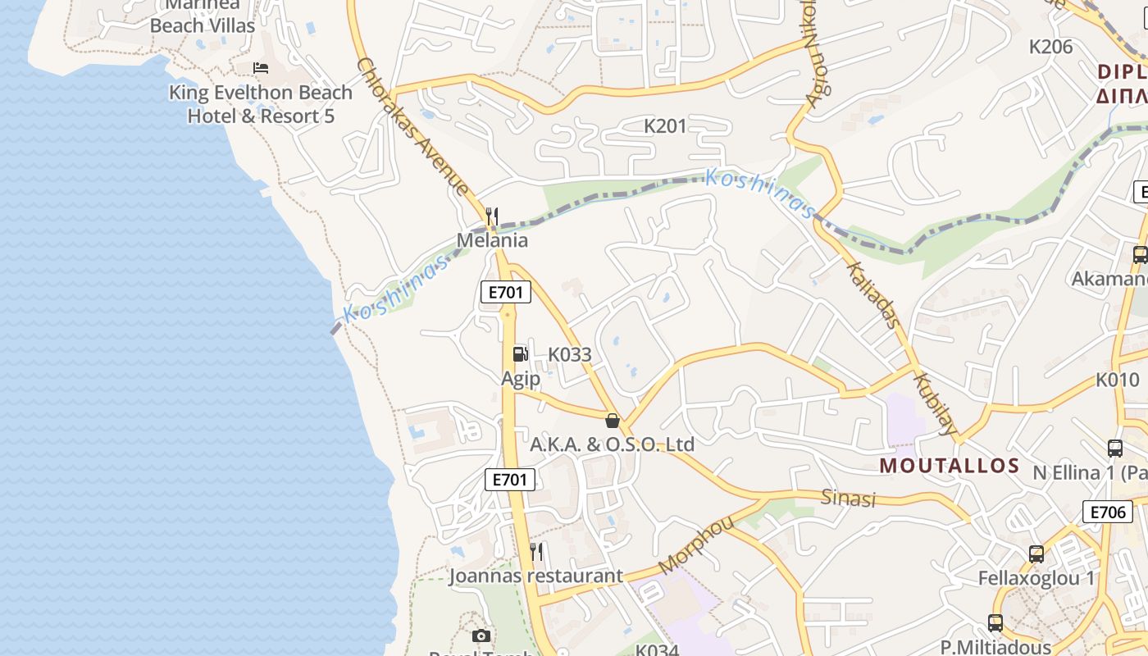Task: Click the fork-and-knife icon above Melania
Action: click(x=492, y=216)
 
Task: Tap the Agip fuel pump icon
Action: click(x=520, y=354)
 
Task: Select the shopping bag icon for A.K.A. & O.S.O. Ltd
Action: click(x=612, y=421)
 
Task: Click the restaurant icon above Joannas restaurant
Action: click(x=536, y=551)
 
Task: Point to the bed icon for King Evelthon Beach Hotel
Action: click(x=261, y=67)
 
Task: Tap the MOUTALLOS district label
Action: click(x=950, y=466)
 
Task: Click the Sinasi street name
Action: click(x=849, y=498)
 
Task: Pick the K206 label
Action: click(x=1050, y=47)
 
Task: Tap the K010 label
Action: click(x=1118, y=380)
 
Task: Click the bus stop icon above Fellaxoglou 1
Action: click(x=1036, y=554)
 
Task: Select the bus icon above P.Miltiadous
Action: click(x=995, y=623)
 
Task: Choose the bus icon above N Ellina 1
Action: click(x=1115, y=449)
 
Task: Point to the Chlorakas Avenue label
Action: click(x=412, y=127)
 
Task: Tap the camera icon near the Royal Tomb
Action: click(x=481, y=635)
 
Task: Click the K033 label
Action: click(x=569, y=355)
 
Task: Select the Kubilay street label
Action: click(x=935, y=404)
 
